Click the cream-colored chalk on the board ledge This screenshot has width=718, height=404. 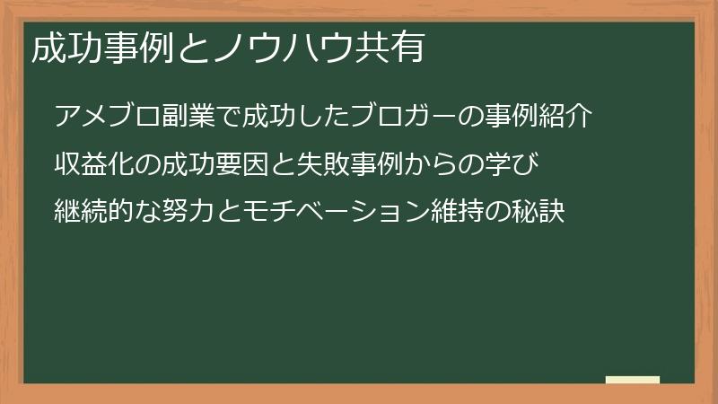coord(632,380)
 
